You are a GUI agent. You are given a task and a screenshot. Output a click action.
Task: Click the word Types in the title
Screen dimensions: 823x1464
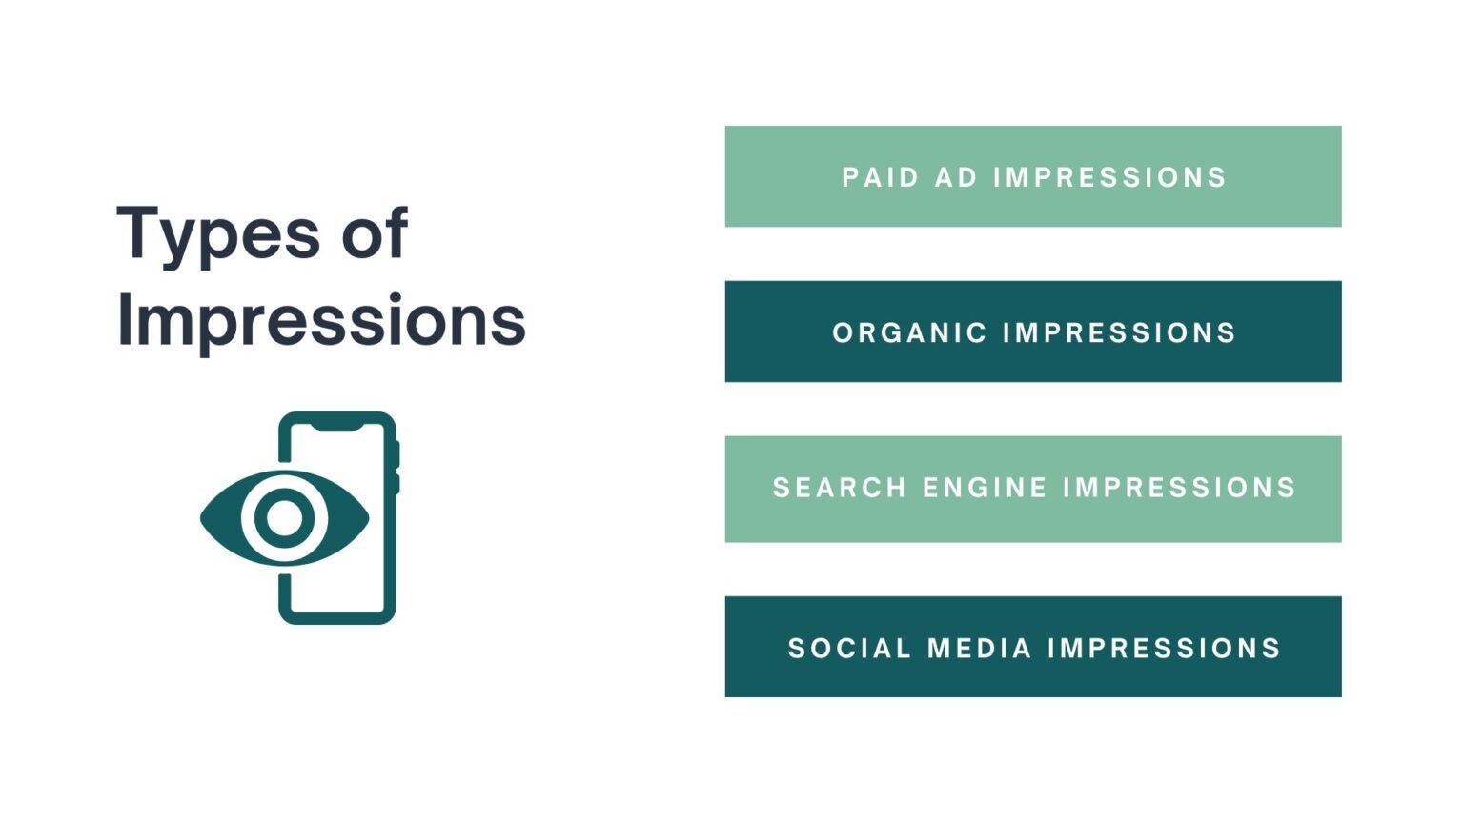pyautogui.click(x=218, y=234)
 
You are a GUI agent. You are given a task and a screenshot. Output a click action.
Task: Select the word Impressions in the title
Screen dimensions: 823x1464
pyautogui.click(x=321, y=320)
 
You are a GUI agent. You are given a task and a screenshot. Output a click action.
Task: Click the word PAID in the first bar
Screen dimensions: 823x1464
pyautogui.click(x=880, y=177)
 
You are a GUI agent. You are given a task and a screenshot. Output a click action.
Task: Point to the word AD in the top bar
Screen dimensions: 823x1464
pyautogui.click(x=956, y=177)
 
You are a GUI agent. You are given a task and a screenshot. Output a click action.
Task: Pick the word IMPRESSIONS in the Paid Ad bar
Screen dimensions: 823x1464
pyautogui.click(x=1109, y=177)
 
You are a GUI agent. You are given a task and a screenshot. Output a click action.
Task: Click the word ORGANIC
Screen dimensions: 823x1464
pyautogui.click(x=909, y=332)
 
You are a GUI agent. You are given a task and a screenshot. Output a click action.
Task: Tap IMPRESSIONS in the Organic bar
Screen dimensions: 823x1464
pyautogui.click(x=1119, y=332)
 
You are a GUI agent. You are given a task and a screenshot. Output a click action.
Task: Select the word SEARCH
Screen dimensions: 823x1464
pyautogui.click(x=839, y=488)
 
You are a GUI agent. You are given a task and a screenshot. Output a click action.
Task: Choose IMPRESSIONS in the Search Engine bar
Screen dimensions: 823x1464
pyautogui.click(x=1179, y=488)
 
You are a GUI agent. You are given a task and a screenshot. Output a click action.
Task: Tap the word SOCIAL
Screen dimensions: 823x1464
pyautogui.click(x=849, y=649)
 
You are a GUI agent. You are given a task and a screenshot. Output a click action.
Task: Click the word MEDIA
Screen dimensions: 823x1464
pyautogui.click(x=979, y=649)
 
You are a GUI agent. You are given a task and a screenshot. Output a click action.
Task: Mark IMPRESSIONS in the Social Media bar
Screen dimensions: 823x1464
pyautogui.click(x=1164, y=649)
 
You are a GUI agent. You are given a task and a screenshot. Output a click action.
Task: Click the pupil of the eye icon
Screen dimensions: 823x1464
pyautogui.click(x=284, y=518)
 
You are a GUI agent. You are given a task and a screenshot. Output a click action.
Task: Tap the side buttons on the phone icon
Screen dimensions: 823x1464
pyautogui.click(x=396, y=467)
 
